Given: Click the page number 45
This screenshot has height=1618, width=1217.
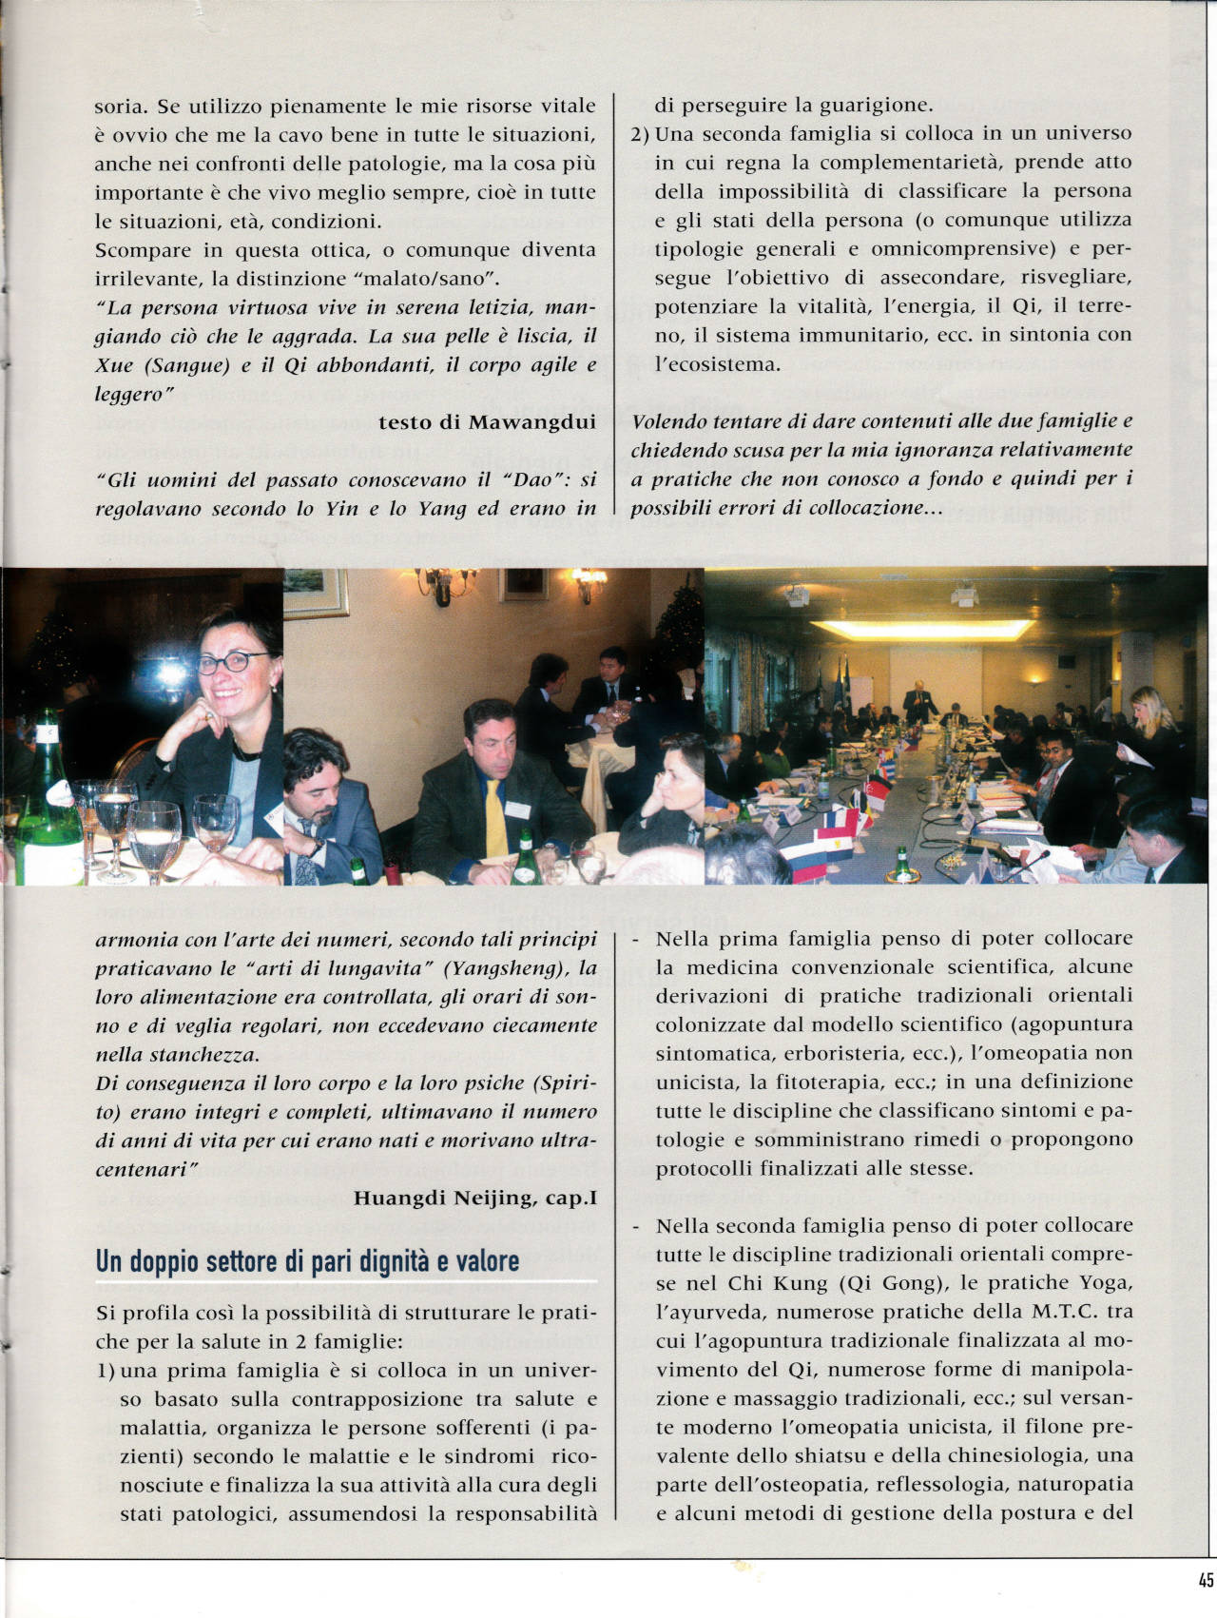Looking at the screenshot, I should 1206,1581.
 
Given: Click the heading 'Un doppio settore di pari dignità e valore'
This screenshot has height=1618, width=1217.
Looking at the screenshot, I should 308,1261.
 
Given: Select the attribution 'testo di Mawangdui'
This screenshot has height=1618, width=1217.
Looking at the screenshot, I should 487,422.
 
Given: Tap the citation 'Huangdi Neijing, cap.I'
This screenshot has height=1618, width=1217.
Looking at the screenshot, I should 475,1198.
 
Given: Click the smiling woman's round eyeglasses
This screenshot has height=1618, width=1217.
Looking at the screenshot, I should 231,662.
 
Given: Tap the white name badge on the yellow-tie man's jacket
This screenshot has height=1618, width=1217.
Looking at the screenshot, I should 517,809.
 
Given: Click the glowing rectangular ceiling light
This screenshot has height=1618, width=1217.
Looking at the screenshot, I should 922,629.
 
